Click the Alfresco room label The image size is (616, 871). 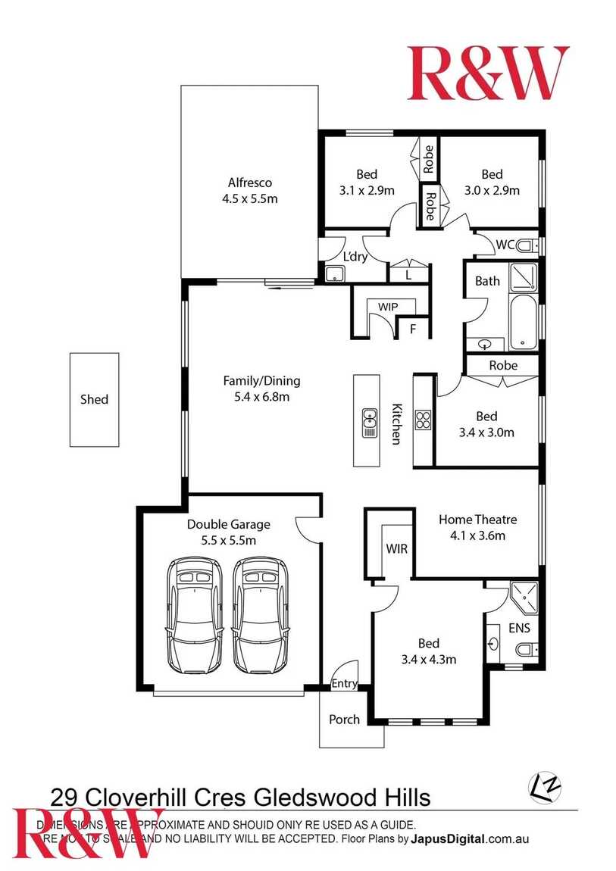point(249,183)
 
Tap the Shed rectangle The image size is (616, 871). point(95,399)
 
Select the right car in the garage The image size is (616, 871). point(261,615)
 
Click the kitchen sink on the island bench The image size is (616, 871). point(370,423)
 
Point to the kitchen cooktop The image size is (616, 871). point(423,420)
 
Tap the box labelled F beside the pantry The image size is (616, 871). point(413,329)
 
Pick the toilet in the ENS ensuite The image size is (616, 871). point(527,649)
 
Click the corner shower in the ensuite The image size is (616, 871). point(524,596)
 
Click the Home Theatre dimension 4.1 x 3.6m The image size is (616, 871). point(477,535)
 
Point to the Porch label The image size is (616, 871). point(344,719)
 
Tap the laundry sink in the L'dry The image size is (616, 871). point(334,274)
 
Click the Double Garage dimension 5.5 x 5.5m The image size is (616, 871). point(228,540)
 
